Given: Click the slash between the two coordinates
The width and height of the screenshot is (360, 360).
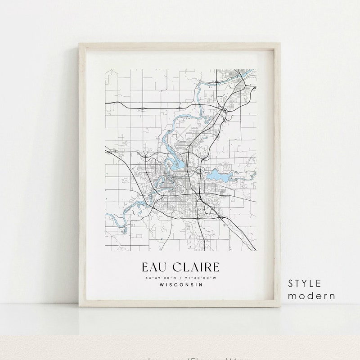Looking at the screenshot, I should click(180, 278).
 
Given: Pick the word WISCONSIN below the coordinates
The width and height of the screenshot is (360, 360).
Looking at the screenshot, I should click(180, 284).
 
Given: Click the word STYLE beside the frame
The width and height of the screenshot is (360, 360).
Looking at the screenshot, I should click(305, 283).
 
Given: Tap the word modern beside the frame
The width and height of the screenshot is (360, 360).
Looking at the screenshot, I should click(312, 296).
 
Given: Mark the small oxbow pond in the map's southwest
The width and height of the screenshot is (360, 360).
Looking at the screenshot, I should click(124, 230).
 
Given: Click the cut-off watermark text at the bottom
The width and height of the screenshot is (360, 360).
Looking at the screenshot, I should click(180, 358).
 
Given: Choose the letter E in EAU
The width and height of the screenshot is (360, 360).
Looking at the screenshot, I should click(145, 267).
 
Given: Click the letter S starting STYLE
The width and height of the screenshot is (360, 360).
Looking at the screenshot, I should click(291, 283).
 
